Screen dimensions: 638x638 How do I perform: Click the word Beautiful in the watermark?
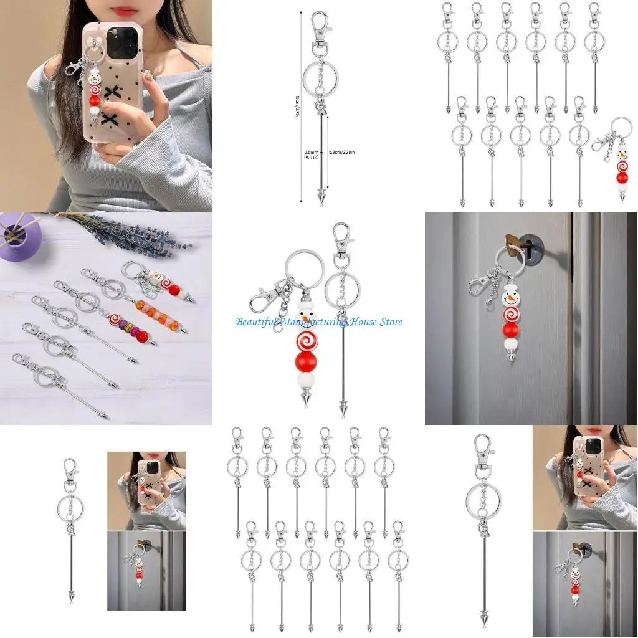click(x=257, y=321)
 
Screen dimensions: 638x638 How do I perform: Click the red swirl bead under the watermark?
click(x=307, y=341)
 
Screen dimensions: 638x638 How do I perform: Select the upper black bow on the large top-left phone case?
click(x=113, y=93)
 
